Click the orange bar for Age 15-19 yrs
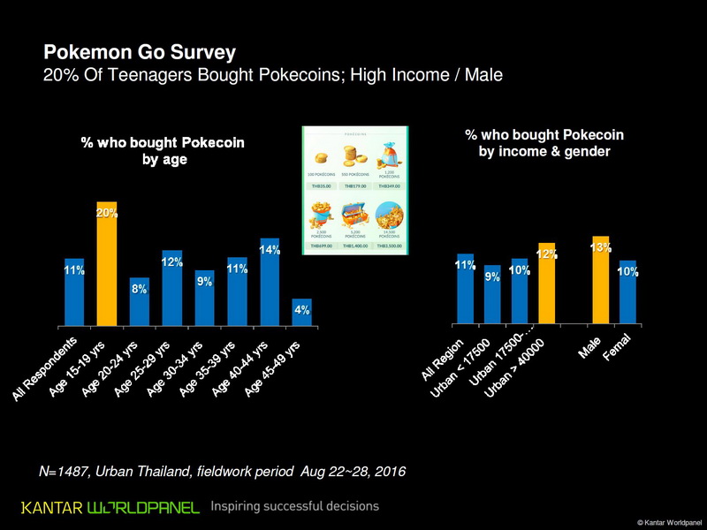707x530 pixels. click(107, 265)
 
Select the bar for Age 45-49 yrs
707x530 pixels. click(301, 313)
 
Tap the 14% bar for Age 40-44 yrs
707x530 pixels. click(269, 283)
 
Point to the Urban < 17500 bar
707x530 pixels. click(492, 295)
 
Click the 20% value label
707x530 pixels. click(107, 213)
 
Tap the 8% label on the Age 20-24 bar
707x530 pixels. click(140, 290)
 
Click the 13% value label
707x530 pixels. click(601, 248)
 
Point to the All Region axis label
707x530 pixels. click(446, 357)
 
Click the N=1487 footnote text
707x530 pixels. click(222, 472)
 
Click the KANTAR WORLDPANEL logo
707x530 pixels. click(110, 507)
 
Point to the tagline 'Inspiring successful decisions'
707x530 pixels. click(295, 507)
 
